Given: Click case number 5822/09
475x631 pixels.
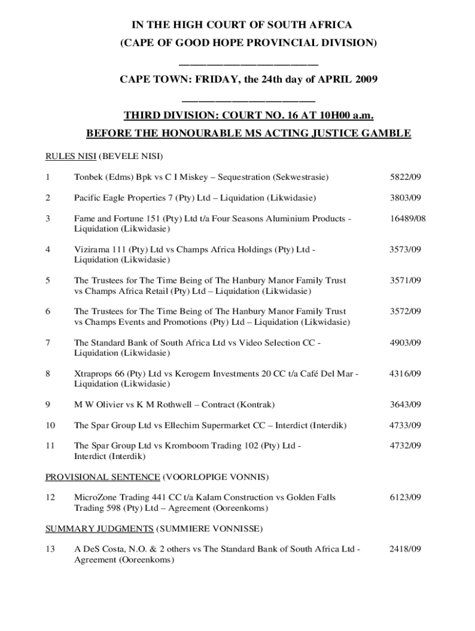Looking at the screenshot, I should click(x=405, y=177).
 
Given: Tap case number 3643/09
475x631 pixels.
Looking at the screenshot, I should click(x=405, y=405).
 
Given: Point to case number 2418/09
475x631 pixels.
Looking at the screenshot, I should click(x=405, y=549).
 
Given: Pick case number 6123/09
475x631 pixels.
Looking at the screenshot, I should click(x=405, y=497).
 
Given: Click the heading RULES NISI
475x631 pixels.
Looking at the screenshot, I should click(x=71, y=156).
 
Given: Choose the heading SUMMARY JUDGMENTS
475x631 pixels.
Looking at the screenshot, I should click(x=99, y=529).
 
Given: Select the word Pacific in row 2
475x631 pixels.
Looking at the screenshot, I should click(x=89, y=198).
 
